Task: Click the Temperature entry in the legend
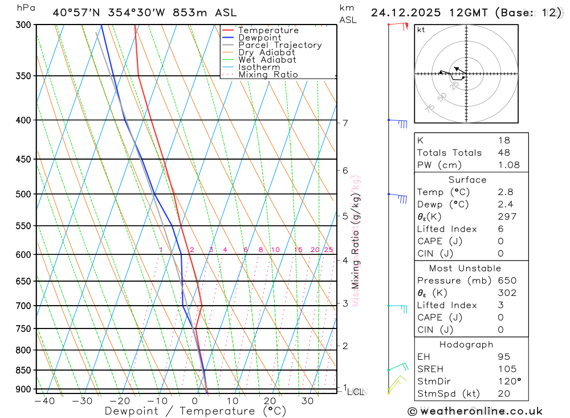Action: point(268,30)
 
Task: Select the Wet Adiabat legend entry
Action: point(267,60)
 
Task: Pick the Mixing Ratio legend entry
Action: point(268,75)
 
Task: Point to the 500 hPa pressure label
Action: point(23,194)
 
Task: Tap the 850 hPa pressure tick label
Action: point(23,370)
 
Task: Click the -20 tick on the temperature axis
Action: point(119,401)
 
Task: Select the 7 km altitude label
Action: point(345,123)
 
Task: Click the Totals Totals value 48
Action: point(504,152)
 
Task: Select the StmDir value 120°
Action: point(510,382)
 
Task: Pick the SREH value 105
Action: point(507,369)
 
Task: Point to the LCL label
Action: point(356,392)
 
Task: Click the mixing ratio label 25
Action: point(328,250)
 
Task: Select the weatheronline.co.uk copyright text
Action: point(475,411)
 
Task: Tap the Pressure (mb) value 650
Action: point(507,281)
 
